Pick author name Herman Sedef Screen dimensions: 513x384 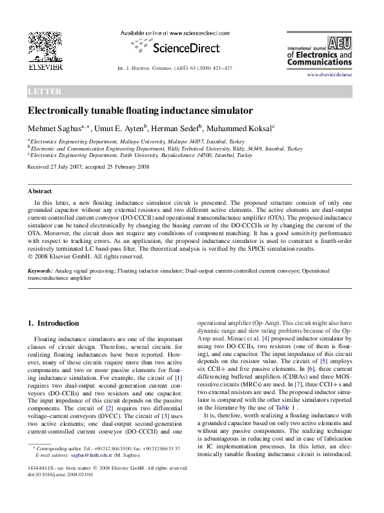188,128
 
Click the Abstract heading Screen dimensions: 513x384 39,191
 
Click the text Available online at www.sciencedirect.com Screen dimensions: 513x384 176,32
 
